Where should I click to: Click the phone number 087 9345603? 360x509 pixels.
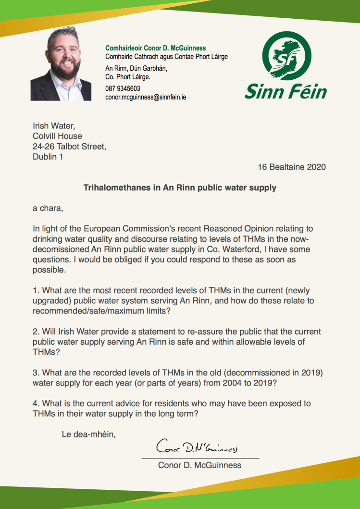123,88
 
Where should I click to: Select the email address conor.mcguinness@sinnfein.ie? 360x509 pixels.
146,97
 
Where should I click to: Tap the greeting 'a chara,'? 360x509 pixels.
48,209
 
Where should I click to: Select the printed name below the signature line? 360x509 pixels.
199,465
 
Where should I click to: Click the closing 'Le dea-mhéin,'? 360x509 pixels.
89,435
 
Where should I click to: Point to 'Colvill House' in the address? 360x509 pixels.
57,136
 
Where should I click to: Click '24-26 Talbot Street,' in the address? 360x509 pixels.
69,146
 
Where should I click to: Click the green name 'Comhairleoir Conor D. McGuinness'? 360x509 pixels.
156,48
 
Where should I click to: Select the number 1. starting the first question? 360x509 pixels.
36,291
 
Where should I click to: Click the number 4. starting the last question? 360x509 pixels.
36,403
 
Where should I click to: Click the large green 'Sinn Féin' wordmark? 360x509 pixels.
286,91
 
